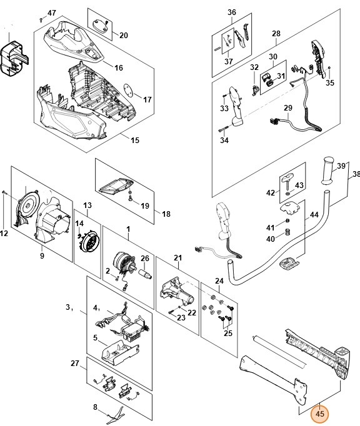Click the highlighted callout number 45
[x=320, y=414]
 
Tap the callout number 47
[x=51, y=13]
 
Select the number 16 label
[x=119, y=67]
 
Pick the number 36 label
[x=232, y=12]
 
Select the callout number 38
[x=356, y=174]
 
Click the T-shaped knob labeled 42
[x=289, y=182]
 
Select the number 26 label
[x=144, y=258]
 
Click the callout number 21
[x=177, y=258]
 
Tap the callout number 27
[x=75, y=363]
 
